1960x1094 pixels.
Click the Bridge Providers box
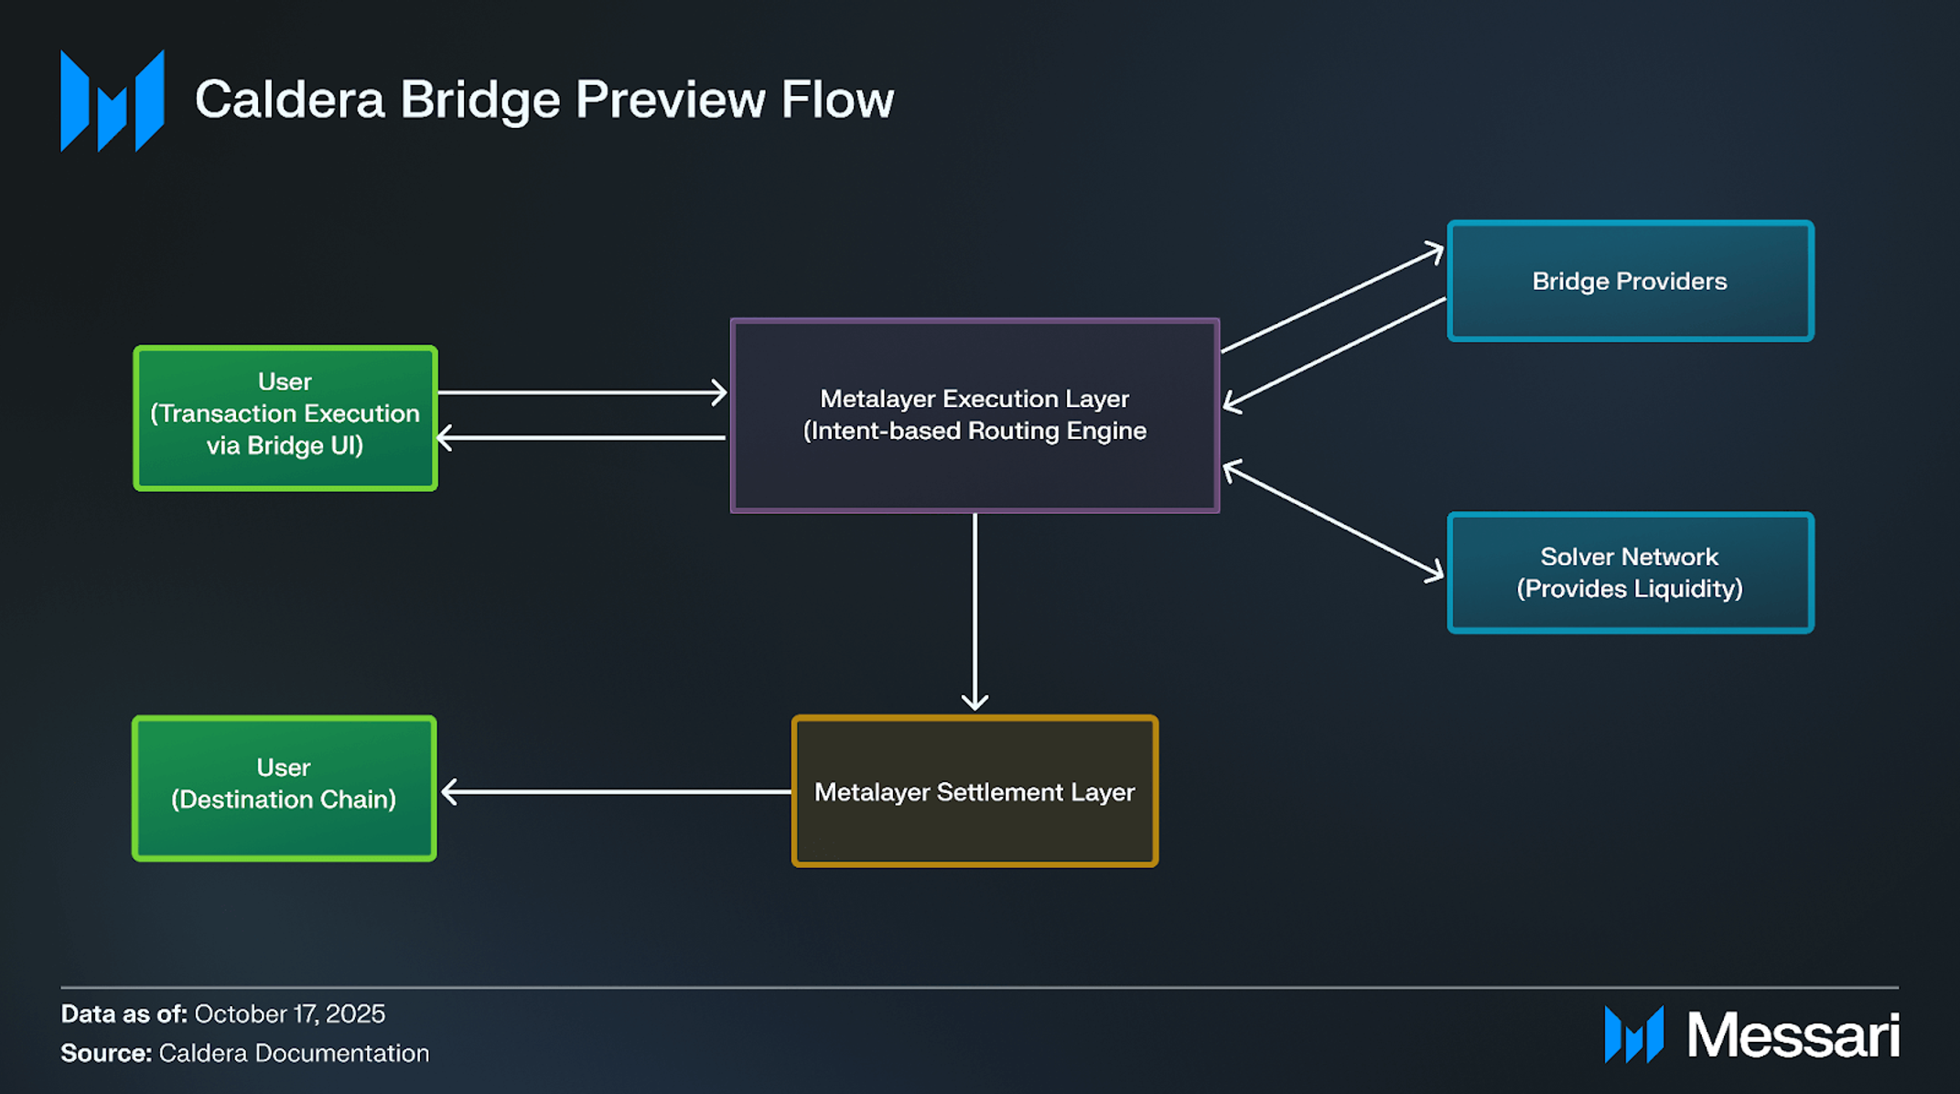[1630, 281]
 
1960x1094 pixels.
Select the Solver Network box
[1630, 573]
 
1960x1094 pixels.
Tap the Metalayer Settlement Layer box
[975, 791]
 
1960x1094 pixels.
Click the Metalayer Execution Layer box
[975, 415]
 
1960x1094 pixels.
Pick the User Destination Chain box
[284, 788]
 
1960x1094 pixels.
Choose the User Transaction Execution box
[285, 417]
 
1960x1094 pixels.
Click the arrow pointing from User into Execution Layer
[582, 392]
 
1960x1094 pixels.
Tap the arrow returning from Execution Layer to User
[582, 438]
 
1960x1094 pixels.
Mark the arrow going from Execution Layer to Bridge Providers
[1332, 299]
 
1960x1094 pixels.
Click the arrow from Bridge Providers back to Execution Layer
[1334, 352]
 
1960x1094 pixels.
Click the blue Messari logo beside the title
[112, 101]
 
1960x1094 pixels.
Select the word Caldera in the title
[289, 100]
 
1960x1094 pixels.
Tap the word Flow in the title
[836, 100]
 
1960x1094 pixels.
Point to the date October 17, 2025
[289, 1014]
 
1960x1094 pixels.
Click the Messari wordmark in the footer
[1793, 1035]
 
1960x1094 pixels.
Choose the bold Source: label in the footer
[105, 1053]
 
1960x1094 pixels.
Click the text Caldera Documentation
[294, 1053]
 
